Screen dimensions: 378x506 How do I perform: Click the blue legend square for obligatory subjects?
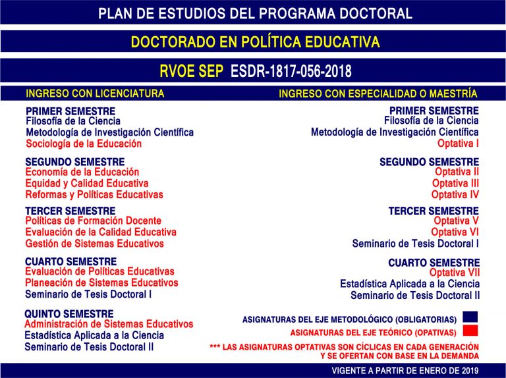click(x=470, y=317)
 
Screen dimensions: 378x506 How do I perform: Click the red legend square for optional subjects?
click(x=470, y=330)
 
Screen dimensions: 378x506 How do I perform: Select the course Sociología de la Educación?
click(x=84, y=144)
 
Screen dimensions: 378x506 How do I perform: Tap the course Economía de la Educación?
click(x=82, y=172)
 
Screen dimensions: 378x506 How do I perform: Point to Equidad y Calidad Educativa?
click(x=87, y=183)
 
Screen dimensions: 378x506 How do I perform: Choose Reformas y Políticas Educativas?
click(x=94, y=194)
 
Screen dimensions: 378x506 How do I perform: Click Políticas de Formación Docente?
click(x=94, y=221)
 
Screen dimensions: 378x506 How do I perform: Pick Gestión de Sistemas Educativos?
click(x=95, y=244)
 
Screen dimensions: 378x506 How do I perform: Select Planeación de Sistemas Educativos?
click(x=101, y=283)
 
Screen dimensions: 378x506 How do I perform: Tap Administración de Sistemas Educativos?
click(x=109, y=324)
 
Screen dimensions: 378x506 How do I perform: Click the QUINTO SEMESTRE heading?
click(x=69, y=313)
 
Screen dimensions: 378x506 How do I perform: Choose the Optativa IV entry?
click(x=455, y=194)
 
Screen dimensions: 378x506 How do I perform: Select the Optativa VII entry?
click(x=454, y=272)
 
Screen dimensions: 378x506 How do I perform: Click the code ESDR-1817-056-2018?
click(x=291, y=71)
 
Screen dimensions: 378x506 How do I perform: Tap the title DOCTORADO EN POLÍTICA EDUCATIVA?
click(x=255, y=42)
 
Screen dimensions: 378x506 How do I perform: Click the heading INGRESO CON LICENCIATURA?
click(x=95, y=94)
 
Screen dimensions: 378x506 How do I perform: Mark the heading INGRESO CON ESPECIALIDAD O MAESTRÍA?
click(x=378, y=94)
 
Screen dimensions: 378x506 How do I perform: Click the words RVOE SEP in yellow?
click(x=192, y=71)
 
